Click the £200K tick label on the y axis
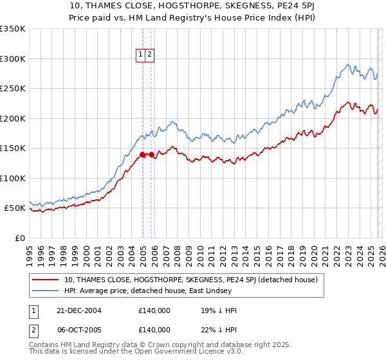(x=13, y=118)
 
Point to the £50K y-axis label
(x=15, y=208)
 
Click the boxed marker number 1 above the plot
(x=140, y=55)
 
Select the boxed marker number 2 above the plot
(x=149, y=55)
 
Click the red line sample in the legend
(x=46, y=280)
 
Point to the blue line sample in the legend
(x=46, y=290)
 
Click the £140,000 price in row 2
(x=154, y=330)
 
